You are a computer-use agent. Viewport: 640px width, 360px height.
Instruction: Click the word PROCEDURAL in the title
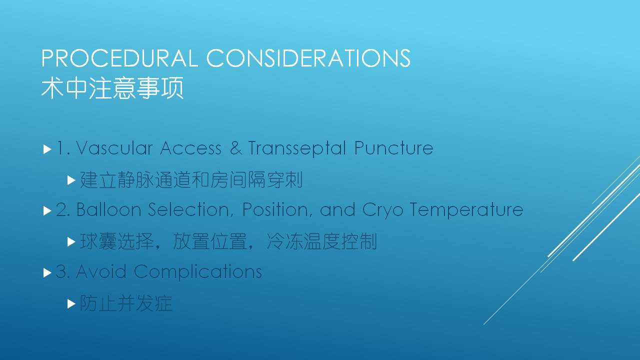point(119,58)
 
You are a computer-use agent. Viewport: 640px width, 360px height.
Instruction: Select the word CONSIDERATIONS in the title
point(308,58)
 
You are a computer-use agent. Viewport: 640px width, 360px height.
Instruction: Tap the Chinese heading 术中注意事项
point(112,88)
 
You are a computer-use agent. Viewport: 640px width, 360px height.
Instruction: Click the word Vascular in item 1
point(114,148)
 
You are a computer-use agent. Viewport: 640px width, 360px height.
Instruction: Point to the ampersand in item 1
point(236,148)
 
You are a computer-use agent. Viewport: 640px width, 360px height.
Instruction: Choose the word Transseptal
point(297,148)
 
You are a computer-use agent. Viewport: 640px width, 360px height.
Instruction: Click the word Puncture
point(394,148)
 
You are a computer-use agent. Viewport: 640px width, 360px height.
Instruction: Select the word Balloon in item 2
point(109,209)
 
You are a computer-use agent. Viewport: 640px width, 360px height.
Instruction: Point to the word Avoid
point(101,271)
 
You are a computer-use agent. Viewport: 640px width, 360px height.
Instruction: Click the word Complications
point(197,272)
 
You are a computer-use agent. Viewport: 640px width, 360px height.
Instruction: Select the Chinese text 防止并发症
point(126,303)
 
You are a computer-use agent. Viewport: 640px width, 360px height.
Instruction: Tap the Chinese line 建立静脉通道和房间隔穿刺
point(191,180)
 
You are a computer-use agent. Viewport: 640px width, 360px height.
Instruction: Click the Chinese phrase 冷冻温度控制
point(321,241)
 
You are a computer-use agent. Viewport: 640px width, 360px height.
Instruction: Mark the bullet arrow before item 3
point(47,273)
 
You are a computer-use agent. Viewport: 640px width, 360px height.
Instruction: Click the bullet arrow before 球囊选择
point(71,242)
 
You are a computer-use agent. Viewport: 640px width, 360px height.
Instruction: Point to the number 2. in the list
point(62,209)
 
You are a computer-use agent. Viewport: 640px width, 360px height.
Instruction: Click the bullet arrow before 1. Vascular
point(47,149)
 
